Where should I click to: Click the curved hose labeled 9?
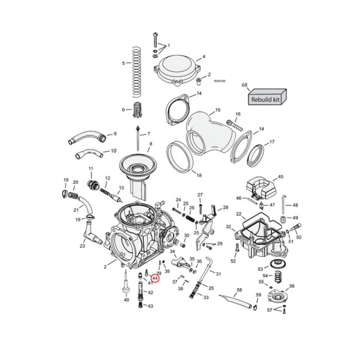(86, 136)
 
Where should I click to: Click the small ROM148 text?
(220, 81)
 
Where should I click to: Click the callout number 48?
(295, 205)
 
